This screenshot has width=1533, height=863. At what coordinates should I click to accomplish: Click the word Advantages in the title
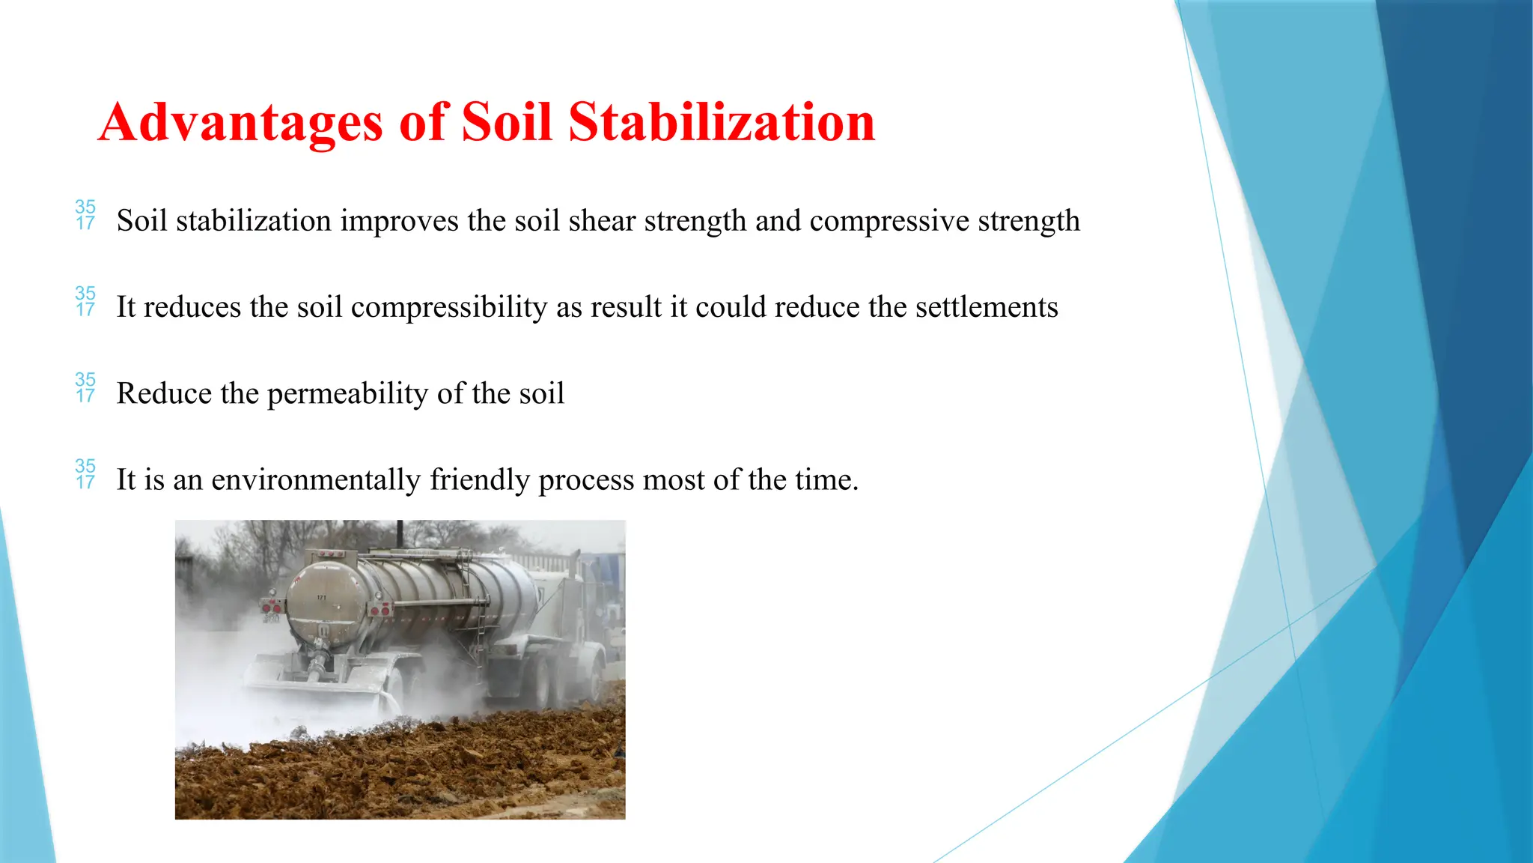coord(240,122)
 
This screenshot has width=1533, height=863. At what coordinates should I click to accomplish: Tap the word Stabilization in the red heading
coord(722,122)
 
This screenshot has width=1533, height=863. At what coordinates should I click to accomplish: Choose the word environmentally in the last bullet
coord(315,480)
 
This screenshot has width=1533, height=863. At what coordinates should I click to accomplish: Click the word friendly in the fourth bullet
coord(479,480)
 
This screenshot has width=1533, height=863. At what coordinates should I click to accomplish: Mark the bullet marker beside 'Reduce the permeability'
coord(85,387)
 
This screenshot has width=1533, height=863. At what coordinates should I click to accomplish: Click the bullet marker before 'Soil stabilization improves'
coord(85,215)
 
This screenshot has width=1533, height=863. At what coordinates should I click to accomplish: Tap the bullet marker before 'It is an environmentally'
coord(85,474)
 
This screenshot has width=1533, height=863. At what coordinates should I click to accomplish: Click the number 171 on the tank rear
coord(321,597)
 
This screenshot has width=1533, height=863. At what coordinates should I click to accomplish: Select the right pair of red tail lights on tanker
coord(380,611)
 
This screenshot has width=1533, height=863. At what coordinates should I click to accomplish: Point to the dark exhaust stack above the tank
coord(400,533)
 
